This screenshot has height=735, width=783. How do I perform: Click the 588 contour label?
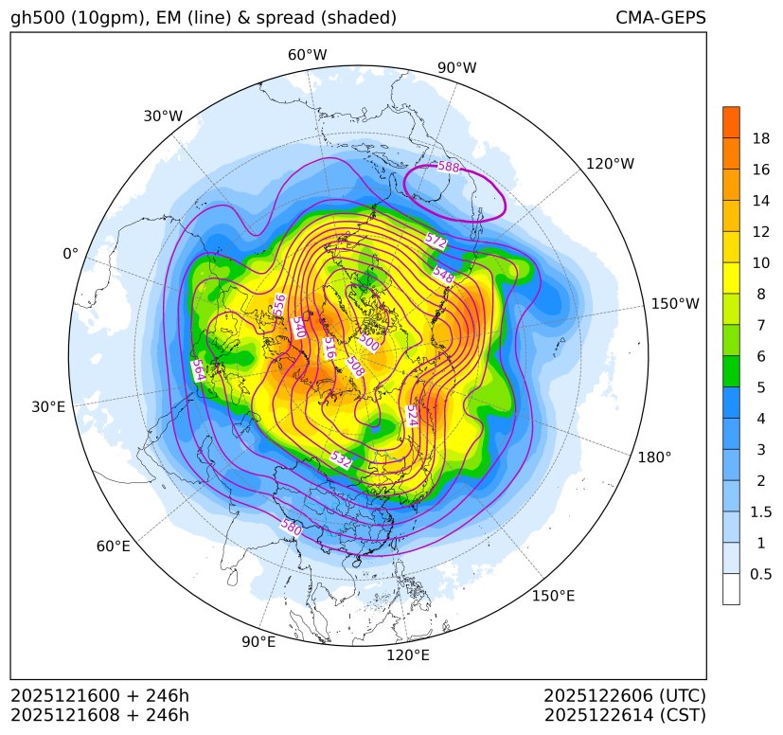pyautogui.click(x=448, y=168)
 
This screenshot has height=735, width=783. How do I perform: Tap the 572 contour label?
pyautogui.click(x=436, y=241)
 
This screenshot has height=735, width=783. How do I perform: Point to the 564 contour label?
pyautogui.click(x=198, y=369)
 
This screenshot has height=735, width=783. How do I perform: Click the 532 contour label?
pyautogui.click(x=341, y=460)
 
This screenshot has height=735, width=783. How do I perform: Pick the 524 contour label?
pyautogui.click(x=412, y=416)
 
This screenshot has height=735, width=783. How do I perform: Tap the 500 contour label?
pyautogui.click(x=369, y=343)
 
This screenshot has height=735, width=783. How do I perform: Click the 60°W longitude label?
pyautogui.click(x=307, y=55)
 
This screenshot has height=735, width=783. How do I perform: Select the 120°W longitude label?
pyautogui.click(x=610, y=164)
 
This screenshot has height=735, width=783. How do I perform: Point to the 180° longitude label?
pyautogui.click(x=654, y=457)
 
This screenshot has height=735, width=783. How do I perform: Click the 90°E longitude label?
pyautogui.click(x=258, y=642)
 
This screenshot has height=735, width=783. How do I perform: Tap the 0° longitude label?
pyautogui.click(x=70, y=254)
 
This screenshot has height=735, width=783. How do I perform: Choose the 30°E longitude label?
pyautogui.click(x=48, y=407)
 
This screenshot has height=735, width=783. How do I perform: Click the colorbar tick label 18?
pyautogui.click(x=760, y=138)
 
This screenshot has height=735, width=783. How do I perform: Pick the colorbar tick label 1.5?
pyautogui.click(x=760, y=511)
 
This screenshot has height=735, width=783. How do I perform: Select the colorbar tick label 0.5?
pyautogui.click(x=760, y=574)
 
